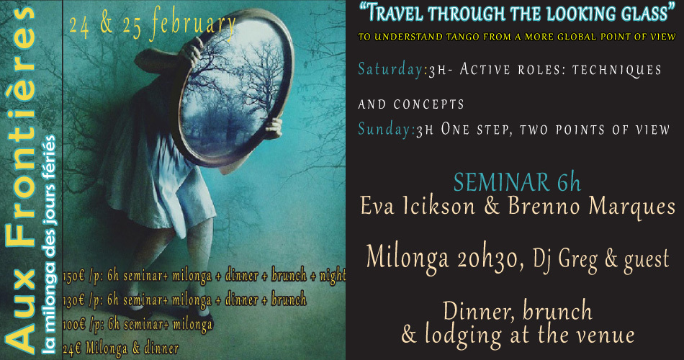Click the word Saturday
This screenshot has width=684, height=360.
pos(390,69)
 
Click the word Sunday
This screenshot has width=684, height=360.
pos(385,129)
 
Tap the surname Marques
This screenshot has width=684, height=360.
pos(631,207)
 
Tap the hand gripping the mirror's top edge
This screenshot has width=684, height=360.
pos(191,52)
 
